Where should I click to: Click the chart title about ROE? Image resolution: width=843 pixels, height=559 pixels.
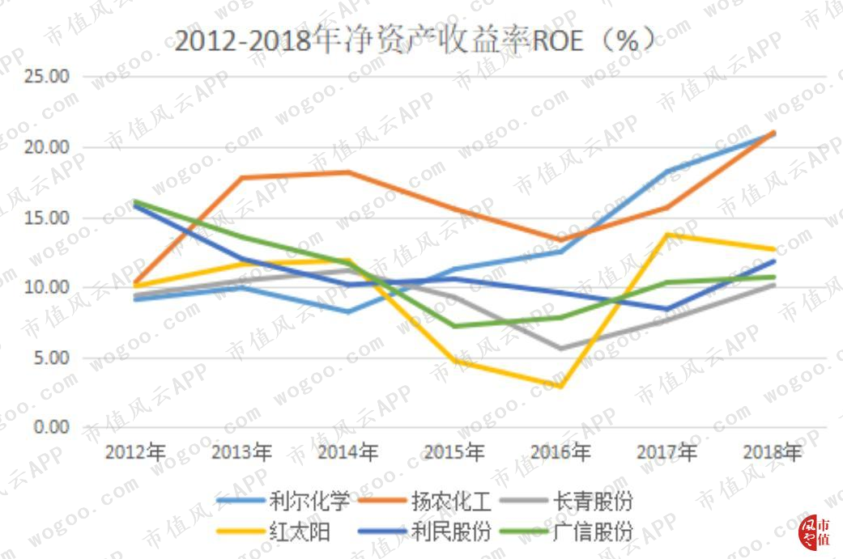pyautogui.click(x=415, y=40)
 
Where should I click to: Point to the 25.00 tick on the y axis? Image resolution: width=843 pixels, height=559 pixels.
pyautogui.click(x=47, y=76)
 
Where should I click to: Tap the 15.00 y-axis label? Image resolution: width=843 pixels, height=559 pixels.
pyautogui.click(x=47, y=218)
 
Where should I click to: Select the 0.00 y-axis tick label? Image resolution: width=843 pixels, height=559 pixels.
pyautogui.click(x=52, y=427)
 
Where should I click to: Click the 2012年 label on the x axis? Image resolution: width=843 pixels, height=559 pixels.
pyautogui.click(x=135, y=452)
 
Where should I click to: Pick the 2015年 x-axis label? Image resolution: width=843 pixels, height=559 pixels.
pyautogui.click(x=454, y=452)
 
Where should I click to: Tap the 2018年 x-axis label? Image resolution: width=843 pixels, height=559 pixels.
pyautogui.click(x=773, y=452)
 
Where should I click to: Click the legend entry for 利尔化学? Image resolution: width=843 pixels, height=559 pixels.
pyautogui.click(x=283, y=502)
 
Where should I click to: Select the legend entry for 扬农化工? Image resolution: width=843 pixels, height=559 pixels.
pyautogui.click(x=424, y=502)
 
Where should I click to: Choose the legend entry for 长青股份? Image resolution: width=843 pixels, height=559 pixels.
pyautogui.click(x=567, y=502)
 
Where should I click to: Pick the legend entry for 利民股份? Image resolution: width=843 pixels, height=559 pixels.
pyautogui.click(x=424, y=531)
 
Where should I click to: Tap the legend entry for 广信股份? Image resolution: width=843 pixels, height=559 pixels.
pyautogui.click(x=567, y=531)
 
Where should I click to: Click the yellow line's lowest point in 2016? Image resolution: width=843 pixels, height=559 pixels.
pyautogui.click(x=560, y=386)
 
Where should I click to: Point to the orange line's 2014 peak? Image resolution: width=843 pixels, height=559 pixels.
pyautogui.click(x=348, y=172)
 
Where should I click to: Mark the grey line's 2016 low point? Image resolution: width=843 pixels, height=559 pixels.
pyautogui.click(x=560, y=349)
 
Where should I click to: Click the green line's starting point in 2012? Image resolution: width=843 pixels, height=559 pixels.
pyautogui.click(x=135, y=202)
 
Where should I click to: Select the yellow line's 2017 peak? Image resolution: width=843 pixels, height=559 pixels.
pyautogui.click(x=667, y=235)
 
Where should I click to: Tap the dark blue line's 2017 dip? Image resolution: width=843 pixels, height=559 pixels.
pyautogui.click(x=667, y=309)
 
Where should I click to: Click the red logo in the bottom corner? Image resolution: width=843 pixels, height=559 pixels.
pyautogui.click(x=814, y=532)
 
